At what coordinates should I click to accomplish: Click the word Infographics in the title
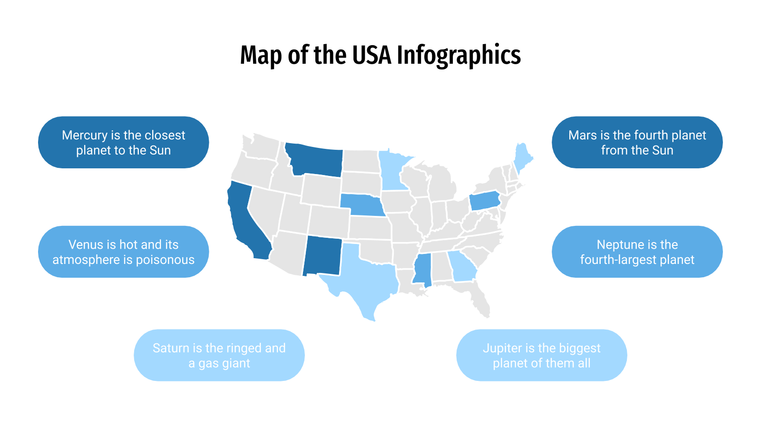459,55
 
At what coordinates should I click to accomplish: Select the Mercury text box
124,142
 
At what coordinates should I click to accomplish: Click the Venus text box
124,252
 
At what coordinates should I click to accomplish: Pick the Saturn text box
219,355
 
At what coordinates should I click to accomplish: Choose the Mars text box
637,142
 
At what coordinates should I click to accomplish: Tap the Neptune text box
637,252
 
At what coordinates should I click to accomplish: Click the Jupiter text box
541,355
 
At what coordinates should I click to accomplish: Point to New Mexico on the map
322,256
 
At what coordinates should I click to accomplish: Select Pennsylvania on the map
485,201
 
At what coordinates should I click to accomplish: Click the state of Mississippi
422,269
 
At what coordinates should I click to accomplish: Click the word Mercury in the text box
84,135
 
